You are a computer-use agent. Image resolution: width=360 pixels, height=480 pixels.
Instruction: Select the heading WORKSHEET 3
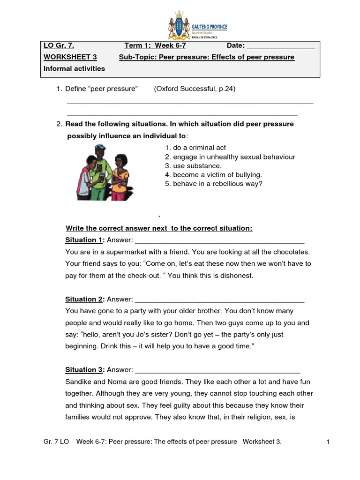coord(70,57)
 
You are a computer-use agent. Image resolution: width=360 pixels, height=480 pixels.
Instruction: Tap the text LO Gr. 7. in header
coord(59,45)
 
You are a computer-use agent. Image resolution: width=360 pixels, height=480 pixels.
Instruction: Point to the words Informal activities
coord(74,68)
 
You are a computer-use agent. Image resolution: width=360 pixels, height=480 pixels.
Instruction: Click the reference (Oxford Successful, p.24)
coord(194,89)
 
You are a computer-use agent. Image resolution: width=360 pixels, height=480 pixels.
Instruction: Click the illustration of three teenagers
coord(102,172)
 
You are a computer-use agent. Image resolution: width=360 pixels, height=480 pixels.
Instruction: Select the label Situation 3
coord(84,370)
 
